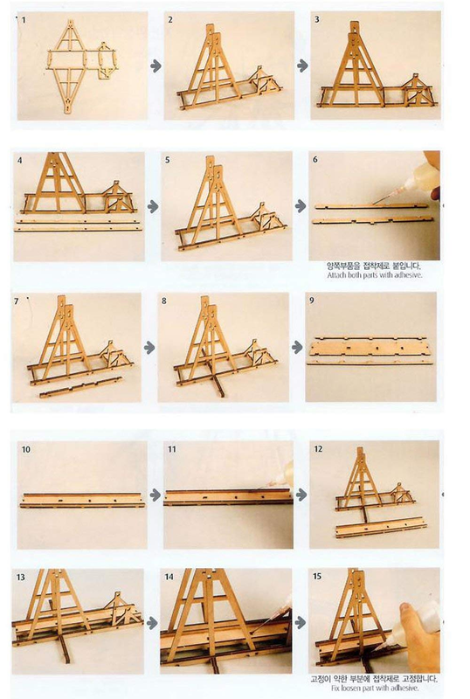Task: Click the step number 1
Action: (x=26, y=19)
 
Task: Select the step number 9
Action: (x=315, y=301)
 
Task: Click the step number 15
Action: (x=318, y=577)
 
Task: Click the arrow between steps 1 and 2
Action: (x=156, y=66)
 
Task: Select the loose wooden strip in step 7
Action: (x=87, y=387)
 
